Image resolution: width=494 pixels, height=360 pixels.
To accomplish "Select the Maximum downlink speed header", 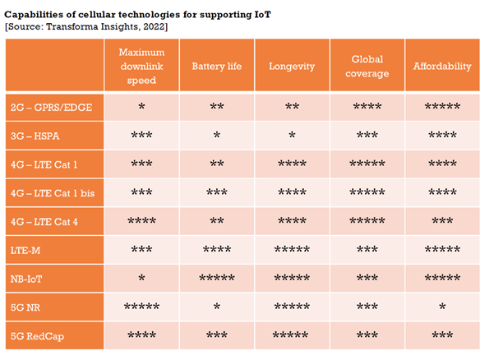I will pyautogui.click(x=141, y=65).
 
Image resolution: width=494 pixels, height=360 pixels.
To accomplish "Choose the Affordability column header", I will pyautogui.click(x=442, y=65).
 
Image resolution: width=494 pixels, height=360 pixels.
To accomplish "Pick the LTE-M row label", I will pyautogui.click(x=25, y=249).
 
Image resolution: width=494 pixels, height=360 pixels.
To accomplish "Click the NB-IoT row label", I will pyautogui.click(x=27, y=278).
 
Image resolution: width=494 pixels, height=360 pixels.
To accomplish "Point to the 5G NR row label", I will pyautogui.click(x=26, y=307).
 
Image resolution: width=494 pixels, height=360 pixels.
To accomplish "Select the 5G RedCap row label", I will pyautogui.click(x=37, y=335).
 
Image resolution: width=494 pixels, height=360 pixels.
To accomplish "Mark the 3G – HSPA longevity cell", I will pyautogui.click(x=292, y=136).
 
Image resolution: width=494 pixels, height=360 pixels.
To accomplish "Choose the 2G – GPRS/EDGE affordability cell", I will pyautogui.click(x=442, y=108).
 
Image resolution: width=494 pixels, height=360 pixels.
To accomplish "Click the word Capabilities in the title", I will pyautogui.click(x=37, y=14).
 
